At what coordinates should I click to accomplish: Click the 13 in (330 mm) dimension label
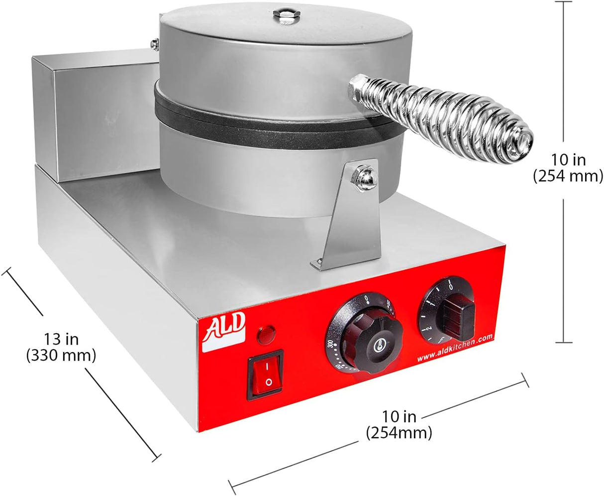(x=61, y=347)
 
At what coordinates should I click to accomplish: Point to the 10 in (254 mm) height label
(x=568, y=168)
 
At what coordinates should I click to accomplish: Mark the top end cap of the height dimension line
(x=563, y=2)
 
